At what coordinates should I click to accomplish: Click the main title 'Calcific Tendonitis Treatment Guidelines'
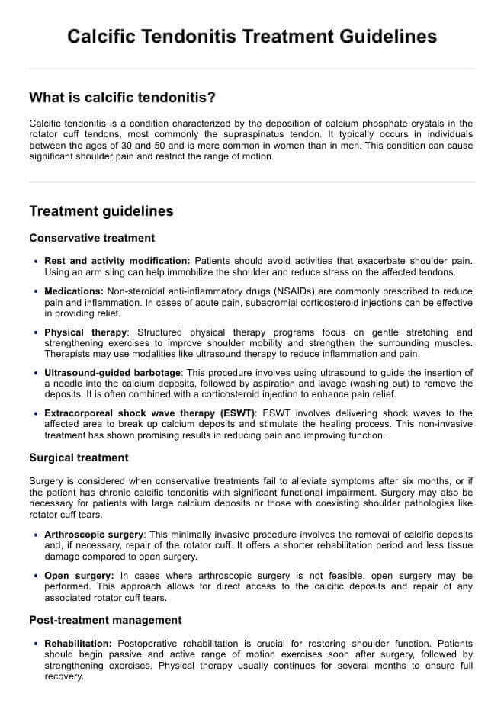[252, 37]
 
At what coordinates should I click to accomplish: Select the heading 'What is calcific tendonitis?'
[122, 98]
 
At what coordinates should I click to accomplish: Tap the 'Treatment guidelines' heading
[101, 211]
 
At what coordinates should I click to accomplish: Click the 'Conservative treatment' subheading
[91, 238]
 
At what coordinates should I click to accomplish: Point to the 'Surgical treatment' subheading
[79, 458]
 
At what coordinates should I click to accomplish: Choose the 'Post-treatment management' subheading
[105, 620]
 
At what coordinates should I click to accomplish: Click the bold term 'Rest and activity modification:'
[117, 262]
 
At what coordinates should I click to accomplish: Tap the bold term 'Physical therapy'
[85, 332]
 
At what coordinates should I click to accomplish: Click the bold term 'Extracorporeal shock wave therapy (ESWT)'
[149, 413]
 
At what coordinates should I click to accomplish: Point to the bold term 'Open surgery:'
[79, 575]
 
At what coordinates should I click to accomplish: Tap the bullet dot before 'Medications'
[36, 292]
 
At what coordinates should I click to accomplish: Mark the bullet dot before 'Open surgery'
[36, 576]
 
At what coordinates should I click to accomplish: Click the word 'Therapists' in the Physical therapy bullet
[68, 354]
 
